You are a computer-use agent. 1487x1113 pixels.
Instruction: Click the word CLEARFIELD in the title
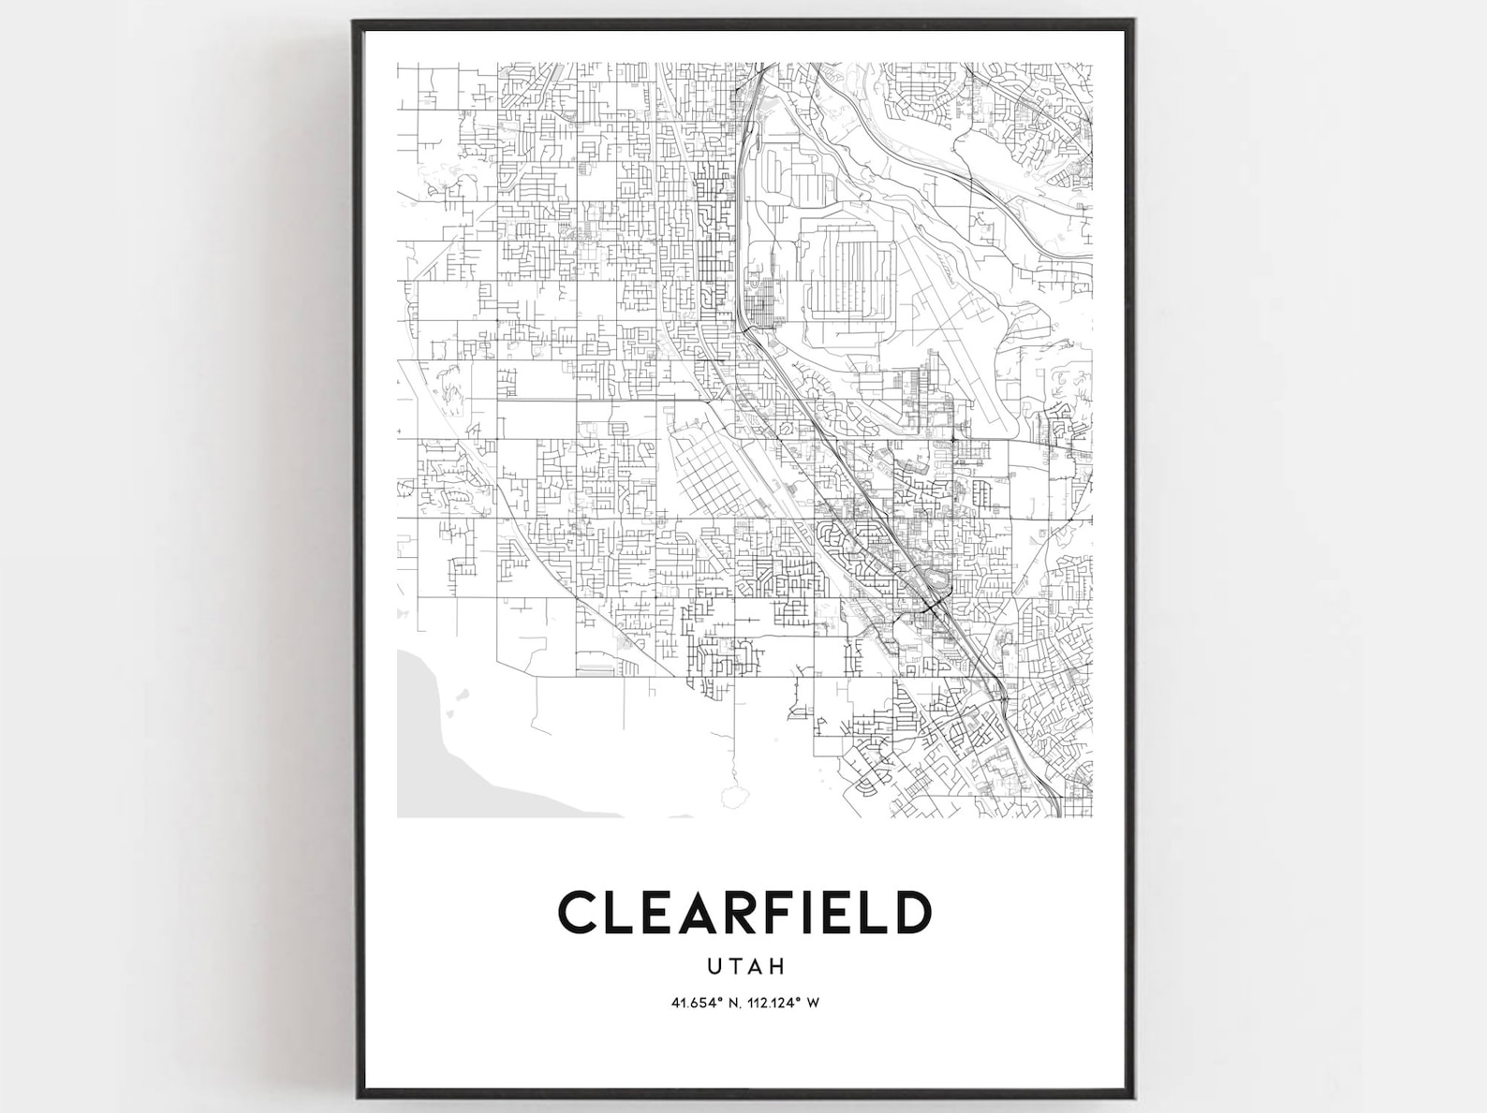(x=745, y=913)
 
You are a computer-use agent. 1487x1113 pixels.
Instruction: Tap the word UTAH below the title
(x=745, y=965)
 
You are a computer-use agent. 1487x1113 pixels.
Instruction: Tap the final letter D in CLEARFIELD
(x=913, y=913)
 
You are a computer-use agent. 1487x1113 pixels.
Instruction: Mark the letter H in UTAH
(x=778, y=965)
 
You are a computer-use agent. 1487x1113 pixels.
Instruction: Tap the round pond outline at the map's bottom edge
(x=736, y=797)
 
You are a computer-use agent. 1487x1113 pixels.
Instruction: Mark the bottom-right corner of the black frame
(x=1133, y=1094)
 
